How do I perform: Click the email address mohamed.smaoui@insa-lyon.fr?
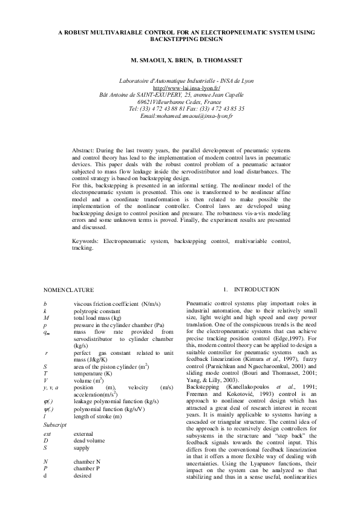tap(186, 115)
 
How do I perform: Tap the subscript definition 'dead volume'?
tap(89, 441)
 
